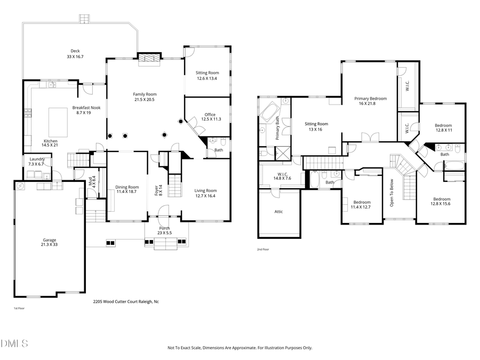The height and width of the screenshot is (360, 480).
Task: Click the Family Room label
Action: (145, 94)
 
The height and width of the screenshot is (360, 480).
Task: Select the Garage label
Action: (49, 240)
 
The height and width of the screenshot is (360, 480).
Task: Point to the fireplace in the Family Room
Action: (149, 59)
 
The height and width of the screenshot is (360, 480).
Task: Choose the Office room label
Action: (210, 114)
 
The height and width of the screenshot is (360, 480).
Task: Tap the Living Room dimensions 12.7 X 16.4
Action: (205, 196)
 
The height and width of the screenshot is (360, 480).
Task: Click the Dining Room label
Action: (127, 187)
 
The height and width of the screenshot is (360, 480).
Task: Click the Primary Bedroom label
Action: (371, 99)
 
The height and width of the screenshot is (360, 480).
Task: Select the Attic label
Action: (278, 212)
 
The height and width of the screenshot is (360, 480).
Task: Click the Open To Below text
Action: (391, 192)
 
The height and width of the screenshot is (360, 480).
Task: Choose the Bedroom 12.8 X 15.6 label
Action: (440, 199)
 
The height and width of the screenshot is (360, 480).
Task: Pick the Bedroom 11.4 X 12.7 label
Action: (362, 202)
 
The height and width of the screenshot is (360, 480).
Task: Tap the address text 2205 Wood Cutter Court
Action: (126, 302)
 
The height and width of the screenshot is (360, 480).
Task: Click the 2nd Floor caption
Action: (263, 250)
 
